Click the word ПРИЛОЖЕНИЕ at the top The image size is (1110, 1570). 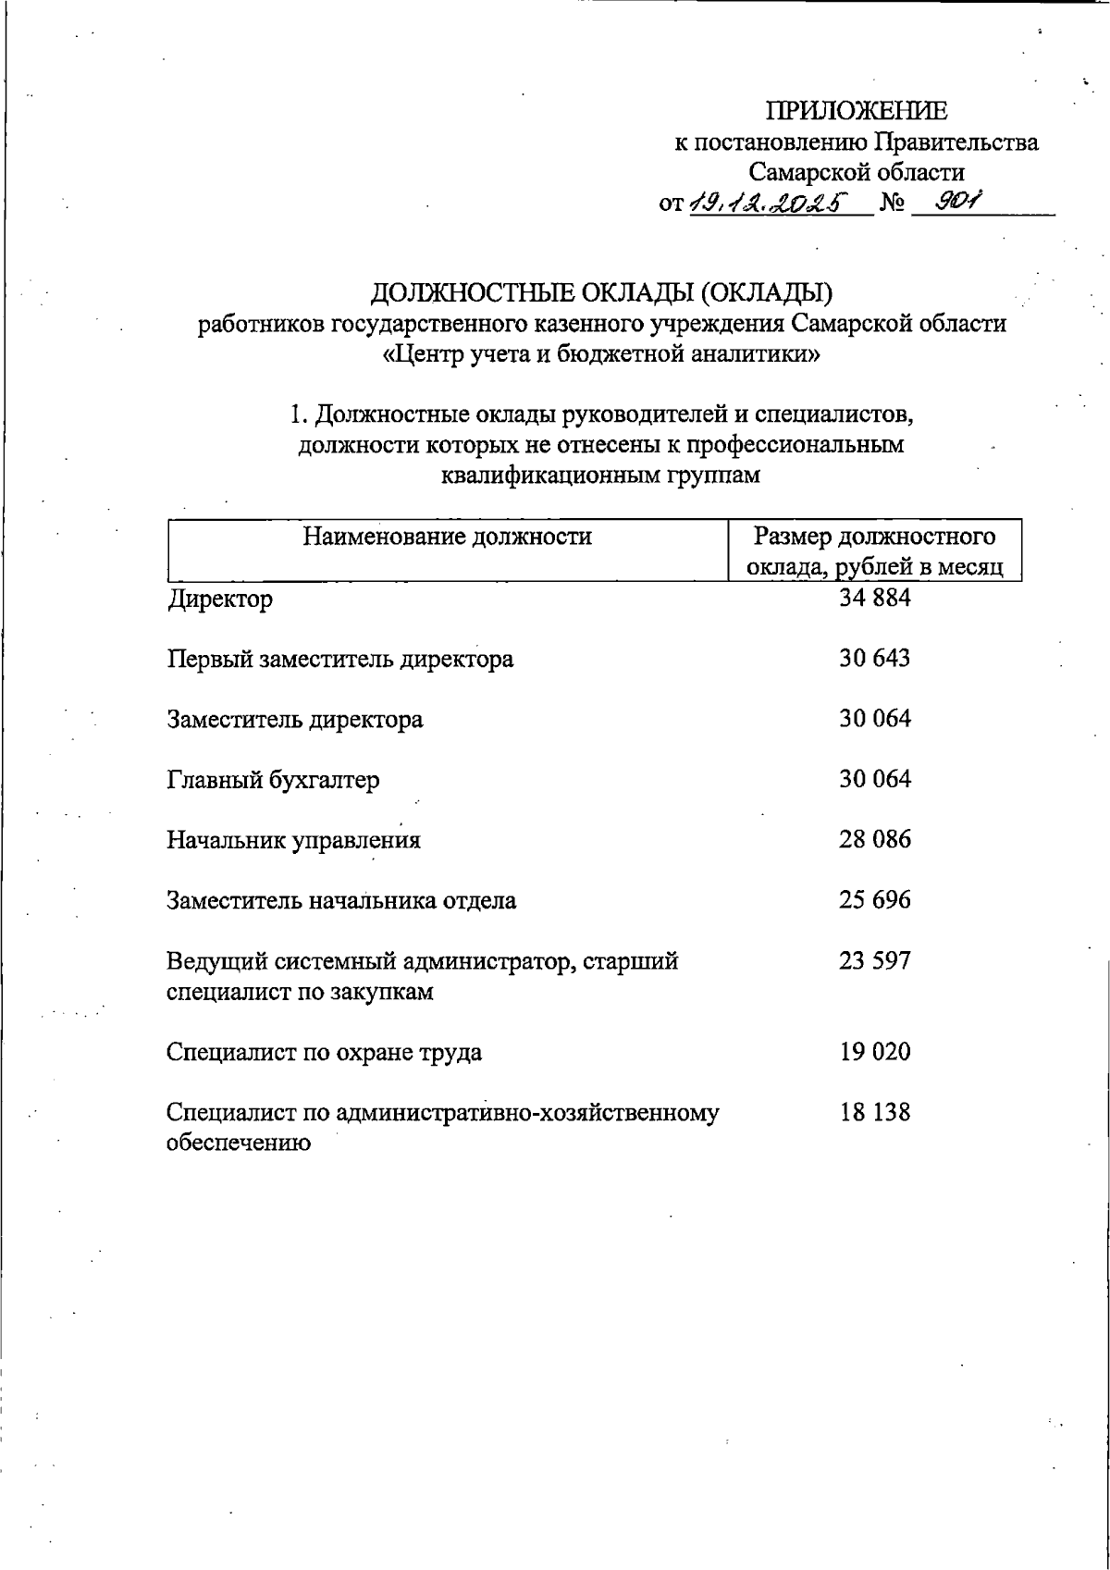click(856, 111)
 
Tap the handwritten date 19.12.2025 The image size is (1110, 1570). click(769, 203)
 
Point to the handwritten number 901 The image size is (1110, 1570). click(956, 201)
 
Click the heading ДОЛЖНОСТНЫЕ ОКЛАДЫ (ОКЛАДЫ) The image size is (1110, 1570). click(602, 293)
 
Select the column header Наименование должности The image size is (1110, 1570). click(447, 537)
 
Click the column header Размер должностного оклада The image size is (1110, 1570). click(874, 551)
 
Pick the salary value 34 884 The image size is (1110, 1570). click(874, 599)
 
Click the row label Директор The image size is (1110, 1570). click(220, 600)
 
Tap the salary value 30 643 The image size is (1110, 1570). click(874, 659)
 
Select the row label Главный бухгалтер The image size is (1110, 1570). click(273, 780)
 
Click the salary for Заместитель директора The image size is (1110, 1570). click(874, 719)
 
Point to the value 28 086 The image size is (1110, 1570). click(874, 840)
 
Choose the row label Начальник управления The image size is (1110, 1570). click(293, 840)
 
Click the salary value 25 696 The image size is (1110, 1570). click(874, 900)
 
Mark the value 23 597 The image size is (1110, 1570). click(874, 960)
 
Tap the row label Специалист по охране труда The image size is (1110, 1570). click(324, 1053)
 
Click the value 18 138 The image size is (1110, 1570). click(874, 1112)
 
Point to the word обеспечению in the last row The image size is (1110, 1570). click(238, 1143)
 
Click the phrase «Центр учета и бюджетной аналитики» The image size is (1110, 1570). click(602, 354)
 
